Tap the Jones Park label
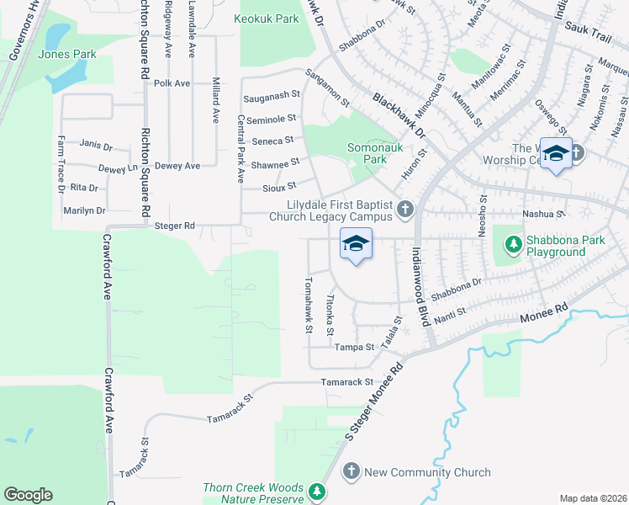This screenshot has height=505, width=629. (67, 55)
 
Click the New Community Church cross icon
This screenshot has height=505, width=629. (351, 472)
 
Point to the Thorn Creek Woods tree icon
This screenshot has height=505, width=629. (317, 492)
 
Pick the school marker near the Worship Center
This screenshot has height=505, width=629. (556, 153)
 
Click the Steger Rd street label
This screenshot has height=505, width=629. (175, 226)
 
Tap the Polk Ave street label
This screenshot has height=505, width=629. (172, 83)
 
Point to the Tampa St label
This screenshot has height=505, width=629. (354, 347)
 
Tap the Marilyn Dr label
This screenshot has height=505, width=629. (84, 210)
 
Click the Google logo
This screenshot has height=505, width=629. (28, 495)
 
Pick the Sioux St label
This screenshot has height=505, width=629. (279, 186)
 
